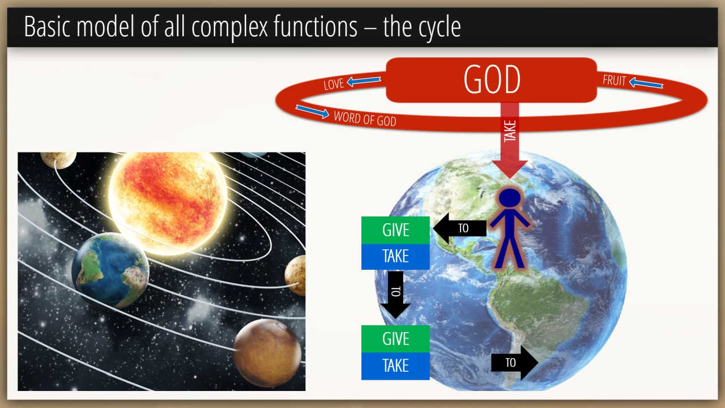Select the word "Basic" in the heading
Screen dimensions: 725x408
click(46, 26)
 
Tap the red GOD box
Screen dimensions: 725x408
click(491, 80)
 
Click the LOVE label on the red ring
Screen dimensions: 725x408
click(334, 84)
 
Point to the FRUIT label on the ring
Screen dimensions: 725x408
click(614, 80)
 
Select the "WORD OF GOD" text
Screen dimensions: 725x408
click(365, 118)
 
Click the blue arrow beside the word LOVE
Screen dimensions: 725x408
click(364, 80)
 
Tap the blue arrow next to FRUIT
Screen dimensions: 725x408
click(646, 83)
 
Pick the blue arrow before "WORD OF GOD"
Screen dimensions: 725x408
click(312, 111)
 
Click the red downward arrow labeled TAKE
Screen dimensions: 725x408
click(510, 140)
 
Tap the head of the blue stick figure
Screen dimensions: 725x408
click(509, 198)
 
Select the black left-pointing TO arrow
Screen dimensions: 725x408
click(459, 228)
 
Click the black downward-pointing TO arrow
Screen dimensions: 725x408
click(395, 295)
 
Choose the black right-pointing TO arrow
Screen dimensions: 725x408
click(515, 363)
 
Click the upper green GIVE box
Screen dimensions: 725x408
click(395, 230)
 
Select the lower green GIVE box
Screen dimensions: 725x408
click(395, 339)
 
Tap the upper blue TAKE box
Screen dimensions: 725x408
click(395, 257)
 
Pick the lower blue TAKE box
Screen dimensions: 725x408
click(395, 366)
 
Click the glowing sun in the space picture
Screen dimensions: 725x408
click(168, 202)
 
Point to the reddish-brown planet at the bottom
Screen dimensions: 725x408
click(267, 353)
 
